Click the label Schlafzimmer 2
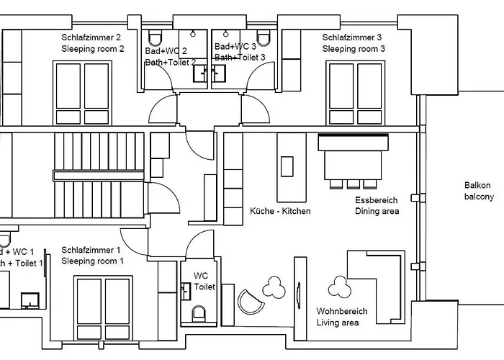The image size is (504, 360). click(x=91, y=37)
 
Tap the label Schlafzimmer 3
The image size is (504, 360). click(x=352, y=37)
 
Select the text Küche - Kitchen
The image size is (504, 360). click(x=280, y=211)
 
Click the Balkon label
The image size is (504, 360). click(x=478, y=185)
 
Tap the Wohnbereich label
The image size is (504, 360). click(x=342, y=312)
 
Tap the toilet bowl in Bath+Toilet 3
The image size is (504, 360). click(x=264, y=38)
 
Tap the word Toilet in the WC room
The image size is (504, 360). click(x=205, y=287)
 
